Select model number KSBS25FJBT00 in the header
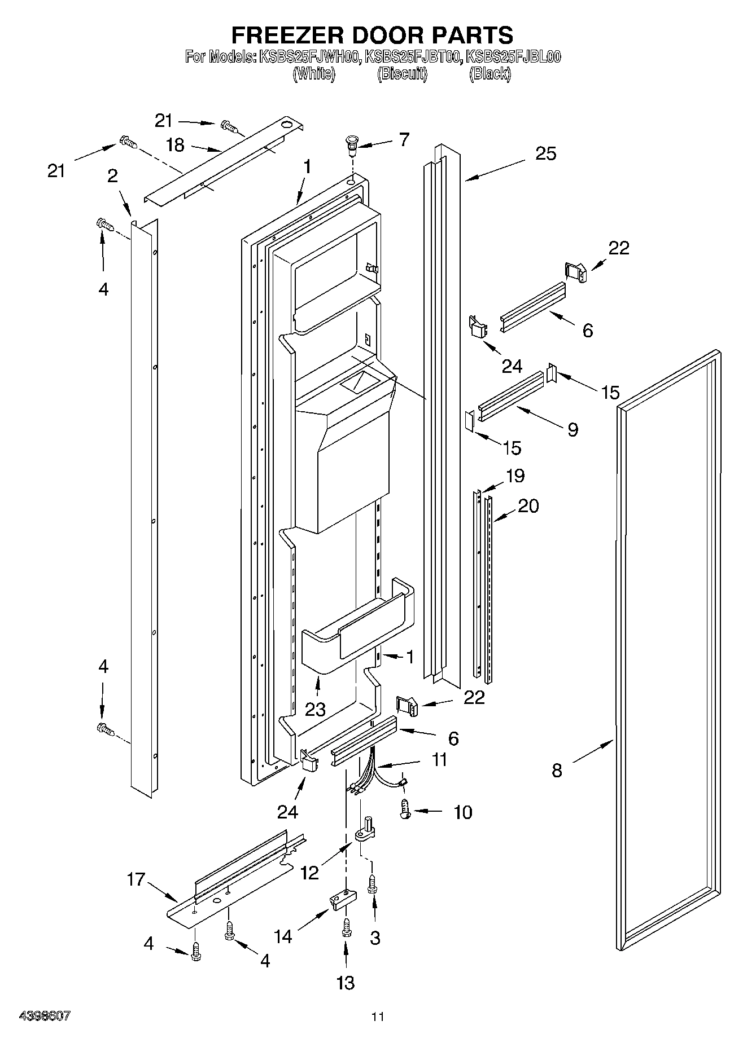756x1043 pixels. point(412,57)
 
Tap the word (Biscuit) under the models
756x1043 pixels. point(402,74)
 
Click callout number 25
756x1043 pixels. point(545,153)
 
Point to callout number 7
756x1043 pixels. point(404,140)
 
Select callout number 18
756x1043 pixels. point(176,145)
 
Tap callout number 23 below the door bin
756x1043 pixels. point(315,709)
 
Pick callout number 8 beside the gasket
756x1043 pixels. point(557,770)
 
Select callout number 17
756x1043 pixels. point(136,879)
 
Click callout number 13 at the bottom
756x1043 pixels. point(345,982)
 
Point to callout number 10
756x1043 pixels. point(462,812)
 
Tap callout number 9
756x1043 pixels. point(573,430)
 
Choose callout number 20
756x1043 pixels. point(528,506)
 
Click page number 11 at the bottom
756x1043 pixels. point(377,1017)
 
